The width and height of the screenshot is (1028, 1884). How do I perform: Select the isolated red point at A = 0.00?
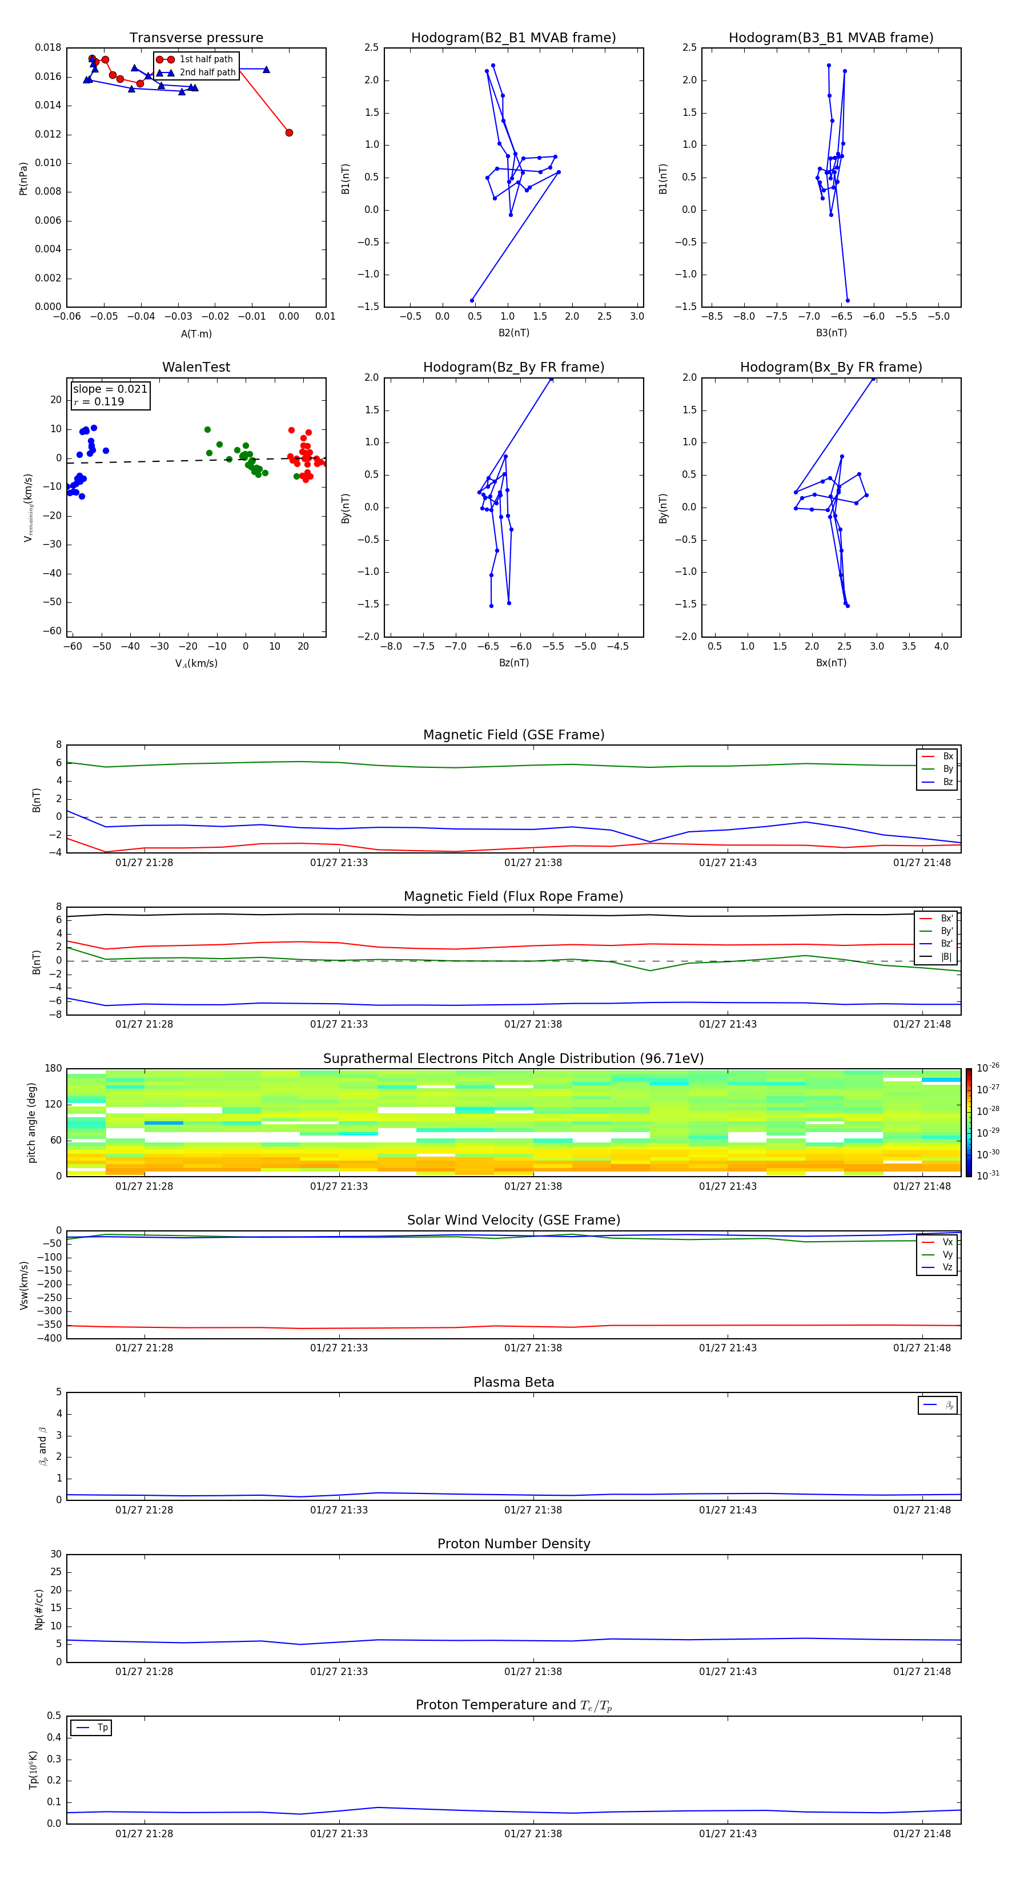tap(289, 132)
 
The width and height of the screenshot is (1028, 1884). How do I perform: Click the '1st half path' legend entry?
tap(206, 59)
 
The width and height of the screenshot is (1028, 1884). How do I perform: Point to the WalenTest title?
tap(196, 367)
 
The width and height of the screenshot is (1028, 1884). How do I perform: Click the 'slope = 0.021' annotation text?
tap(110, 389)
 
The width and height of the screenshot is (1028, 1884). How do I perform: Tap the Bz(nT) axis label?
tap(513, 663)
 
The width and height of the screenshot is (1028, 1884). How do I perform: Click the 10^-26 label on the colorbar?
tap(988, 1068)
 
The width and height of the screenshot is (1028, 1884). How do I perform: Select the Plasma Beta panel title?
tap(513, 1382)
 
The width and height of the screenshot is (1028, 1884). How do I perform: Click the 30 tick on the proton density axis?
tap(55, 1554)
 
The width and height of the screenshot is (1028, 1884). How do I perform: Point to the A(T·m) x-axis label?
tap(196, 334)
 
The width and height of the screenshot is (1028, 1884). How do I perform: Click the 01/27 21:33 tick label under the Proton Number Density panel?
tap(339, 1671)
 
